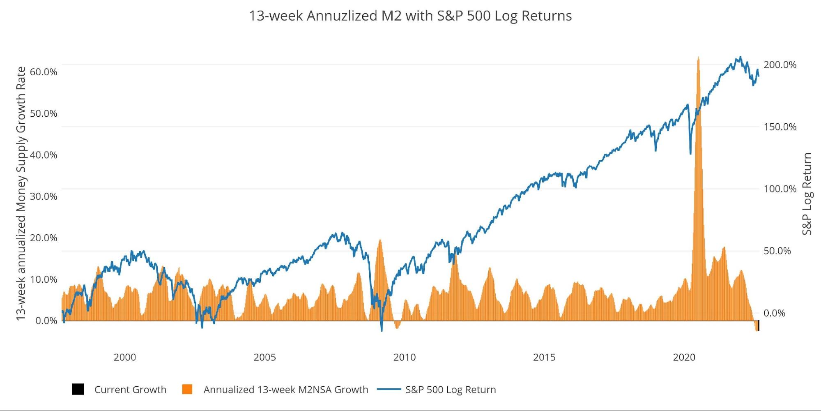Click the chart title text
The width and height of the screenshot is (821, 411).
[410, 16]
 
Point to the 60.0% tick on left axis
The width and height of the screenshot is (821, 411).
[44, 72]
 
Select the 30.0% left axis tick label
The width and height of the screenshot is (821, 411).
[44, 196]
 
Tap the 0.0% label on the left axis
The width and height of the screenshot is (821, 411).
[46, 321]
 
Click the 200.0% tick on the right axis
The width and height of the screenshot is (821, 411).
[780, 65]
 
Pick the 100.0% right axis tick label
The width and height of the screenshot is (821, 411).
[780, 189]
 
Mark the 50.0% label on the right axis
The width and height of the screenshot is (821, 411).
[777, 251]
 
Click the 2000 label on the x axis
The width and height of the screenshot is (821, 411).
[125, 357]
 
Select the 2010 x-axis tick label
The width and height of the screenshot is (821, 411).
[405, 357]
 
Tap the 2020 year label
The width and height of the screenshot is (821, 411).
[684, 357]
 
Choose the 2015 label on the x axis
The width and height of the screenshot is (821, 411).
[544, 357]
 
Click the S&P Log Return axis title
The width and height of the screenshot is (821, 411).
[807, 194]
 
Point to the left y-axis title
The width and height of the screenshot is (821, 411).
[21, 194]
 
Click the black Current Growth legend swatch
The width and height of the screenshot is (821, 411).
[78, 389]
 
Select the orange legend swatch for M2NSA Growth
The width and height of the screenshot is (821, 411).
[187, 389]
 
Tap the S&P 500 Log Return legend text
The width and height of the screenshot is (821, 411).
[451, 390]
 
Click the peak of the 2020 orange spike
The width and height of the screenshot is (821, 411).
[698, 58]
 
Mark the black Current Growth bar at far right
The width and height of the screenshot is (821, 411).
[758, 326]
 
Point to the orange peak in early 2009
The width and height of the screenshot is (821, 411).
[380, 240]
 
